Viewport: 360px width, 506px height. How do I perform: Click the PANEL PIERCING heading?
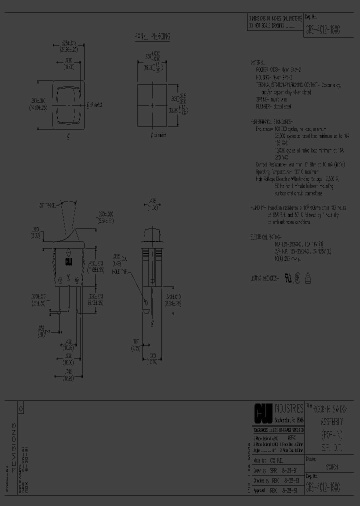pos(152,37)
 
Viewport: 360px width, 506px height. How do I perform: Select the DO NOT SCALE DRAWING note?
pos(270,24)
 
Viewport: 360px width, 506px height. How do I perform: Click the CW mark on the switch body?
pos(67,260)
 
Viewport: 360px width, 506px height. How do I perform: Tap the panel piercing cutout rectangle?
pos(151,105)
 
